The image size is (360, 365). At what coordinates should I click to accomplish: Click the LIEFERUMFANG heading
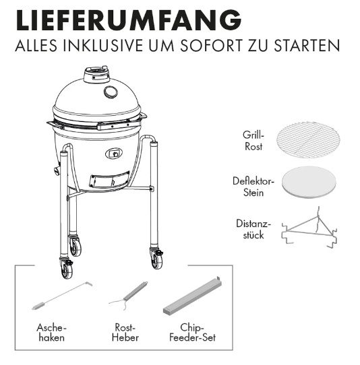(127, 20)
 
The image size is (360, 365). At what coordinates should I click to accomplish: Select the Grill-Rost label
(253, 141)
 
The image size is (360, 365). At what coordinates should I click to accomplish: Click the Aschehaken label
(52, 332)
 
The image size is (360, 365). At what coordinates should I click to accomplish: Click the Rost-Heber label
(125, 332)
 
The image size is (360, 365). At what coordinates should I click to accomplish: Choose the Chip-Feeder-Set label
(193, 332)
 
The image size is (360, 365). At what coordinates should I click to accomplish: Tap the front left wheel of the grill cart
(67, 269)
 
